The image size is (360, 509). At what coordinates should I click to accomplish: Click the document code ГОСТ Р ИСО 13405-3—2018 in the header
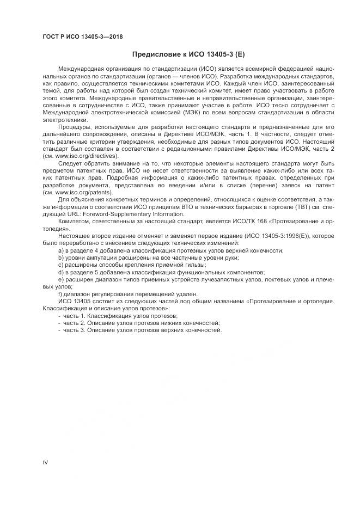click(82, 36)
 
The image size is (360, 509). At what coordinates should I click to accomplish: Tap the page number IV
click(45, 462)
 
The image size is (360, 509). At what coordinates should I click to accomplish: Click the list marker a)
click(60, 250)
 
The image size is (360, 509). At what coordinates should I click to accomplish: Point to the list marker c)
click(60, 265)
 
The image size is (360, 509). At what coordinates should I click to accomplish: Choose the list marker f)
click(60, 294)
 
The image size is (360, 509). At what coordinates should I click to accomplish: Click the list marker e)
click(60, 279)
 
